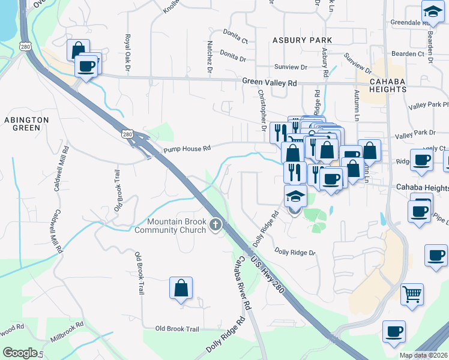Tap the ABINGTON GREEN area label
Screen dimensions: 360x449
click(x=26, y=124)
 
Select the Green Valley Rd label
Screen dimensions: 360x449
click(x=270, y=82)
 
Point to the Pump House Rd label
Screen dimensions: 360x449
click(x=187, y=148)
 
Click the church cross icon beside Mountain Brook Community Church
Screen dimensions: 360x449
click(x=216, y=226)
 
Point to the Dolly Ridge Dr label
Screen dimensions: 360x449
click(x=295, y=252)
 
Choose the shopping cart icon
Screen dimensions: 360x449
click(x=412, y=294)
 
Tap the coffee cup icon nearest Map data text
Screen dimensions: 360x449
click(x=394, y=331)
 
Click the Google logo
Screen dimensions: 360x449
click(x=20, y=353)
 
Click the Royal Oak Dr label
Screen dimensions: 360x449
click(x=127, y=53)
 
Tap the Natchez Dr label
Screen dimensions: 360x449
click(x=209, y=58)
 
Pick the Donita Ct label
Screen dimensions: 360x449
click(x=235, y=40)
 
